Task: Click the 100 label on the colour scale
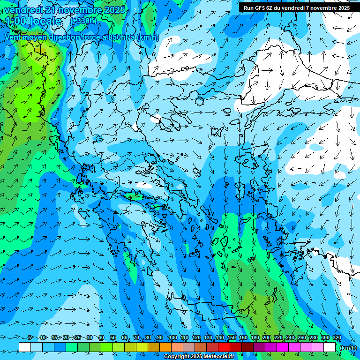point(173,338)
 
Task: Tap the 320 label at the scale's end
point(337,338)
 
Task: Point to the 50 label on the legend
point(113,338)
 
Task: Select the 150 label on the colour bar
point(232,338)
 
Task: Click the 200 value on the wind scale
point(267,338)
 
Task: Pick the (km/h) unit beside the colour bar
point(348,348)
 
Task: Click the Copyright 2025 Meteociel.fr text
point(199,357)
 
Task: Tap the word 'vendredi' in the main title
point(23,10)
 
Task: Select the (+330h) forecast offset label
point(83,21)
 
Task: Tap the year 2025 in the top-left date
point(114,10)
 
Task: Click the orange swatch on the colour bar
point(165,347)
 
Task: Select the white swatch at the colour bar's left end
point(25,347)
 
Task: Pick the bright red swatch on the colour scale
point(224,347)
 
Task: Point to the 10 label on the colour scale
point(43,338)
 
